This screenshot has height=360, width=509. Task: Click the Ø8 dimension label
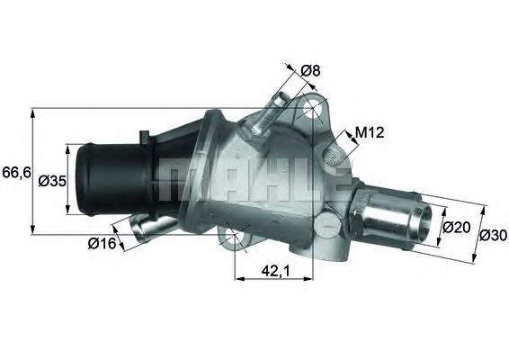(310, 70)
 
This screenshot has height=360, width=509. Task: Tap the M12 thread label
(370, 132)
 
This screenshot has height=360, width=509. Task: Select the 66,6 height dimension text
(16, 172)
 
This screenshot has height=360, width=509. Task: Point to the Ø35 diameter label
(52, 181)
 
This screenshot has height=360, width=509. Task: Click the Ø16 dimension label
(102, 243)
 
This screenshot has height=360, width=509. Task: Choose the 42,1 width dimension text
(275, 272)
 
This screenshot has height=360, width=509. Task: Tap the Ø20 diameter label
(457, 228)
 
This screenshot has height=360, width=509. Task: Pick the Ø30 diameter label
(493, 235)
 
